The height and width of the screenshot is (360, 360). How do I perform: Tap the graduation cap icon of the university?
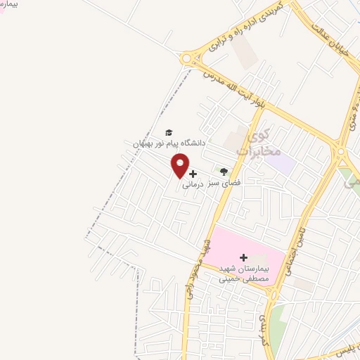pyautogui.click(x=168, y=132)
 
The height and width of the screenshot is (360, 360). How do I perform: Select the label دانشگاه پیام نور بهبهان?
pyautogui.click(x=168, y=143)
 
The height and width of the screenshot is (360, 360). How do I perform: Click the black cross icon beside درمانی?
pyautogui.click(x=193, y=173)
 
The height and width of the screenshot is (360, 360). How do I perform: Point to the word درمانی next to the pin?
pyautogui.click(x=193, y=185)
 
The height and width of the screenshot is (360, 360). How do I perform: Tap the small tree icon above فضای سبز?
pyautogui.click(x=224, y=172)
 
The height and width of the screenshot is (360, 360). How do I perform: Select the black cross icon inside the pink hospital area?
pyautogui.click(x=244, y=257)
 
